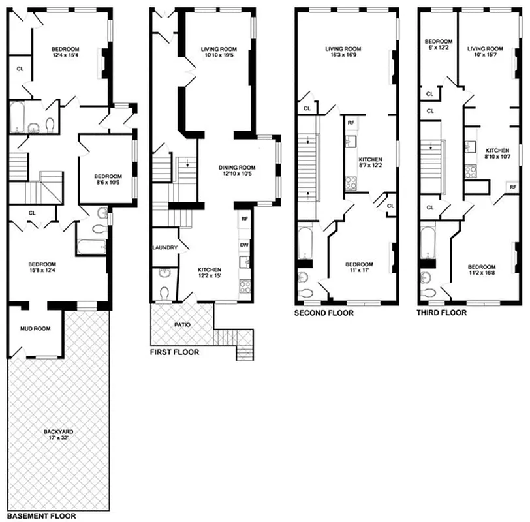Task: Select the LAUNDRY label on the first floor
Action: point(164,248)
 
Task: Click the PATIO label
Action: point(182,324)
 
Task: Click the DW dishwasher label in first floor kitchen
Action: point(244,244)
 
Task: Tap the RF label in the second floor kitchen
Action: point(351,123)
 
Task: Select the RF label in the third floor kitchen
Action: point(512,187)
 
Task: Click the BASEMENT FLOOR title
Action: point(42,515)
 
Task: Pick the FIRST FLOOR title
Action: point(175,352)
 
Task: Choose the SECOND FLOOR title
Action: point(324,313)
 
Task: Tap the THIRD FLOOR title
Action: point(442,313)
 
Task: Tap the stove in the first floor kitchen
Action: point(245,285)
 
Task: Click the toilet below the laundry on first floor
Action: point(164,292)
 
